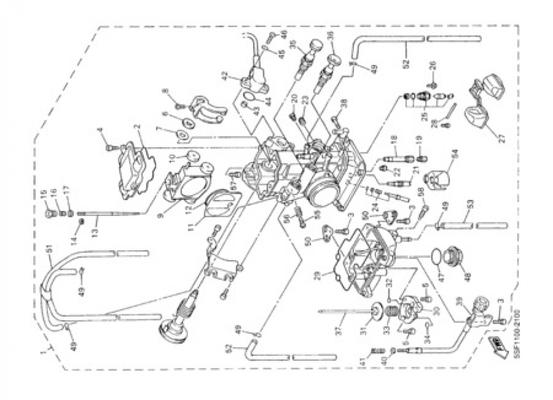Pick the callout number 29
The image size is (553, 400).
(x=318, y=274)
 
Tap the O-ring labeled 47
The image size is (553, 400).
(x=437, y=256)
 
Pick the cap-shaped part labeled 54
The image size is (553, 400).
(x=434, y=178)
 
